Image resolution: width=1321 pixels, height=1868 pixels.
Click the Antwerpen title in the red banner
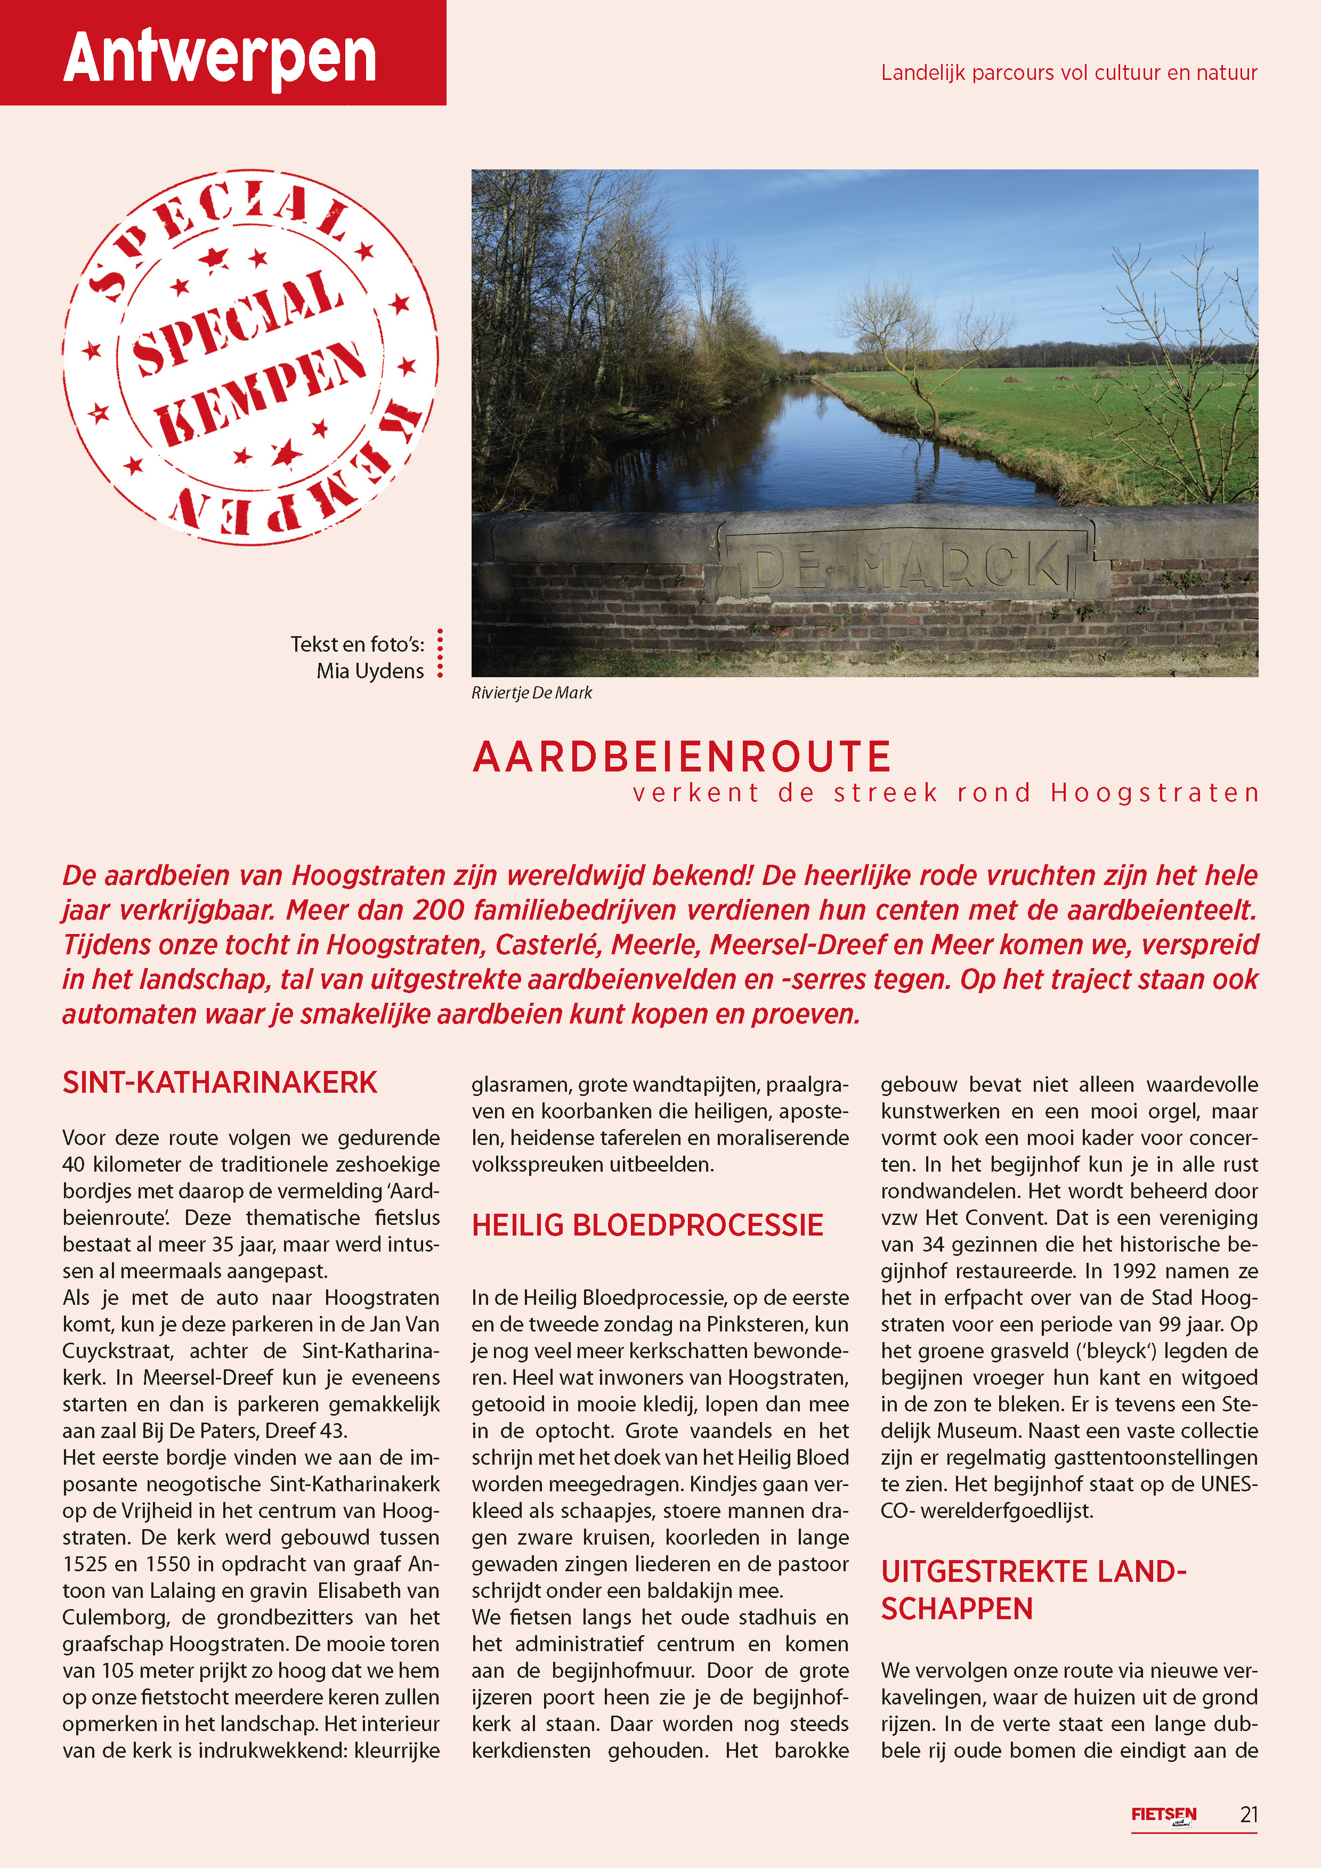[x=220, y=57]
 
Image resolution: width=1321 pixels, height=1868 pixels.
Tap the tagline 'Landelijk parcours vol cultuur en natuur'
[x=1069, y=72]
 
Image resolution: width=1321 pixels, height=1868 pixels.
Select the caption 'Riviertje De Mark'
[x=531, y=692]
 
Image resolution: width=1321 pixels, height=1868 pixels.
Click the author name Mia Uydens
[x=370, y=671]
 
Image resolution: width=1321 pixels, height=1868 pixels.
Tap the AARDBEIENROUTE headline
[x=682, y=757]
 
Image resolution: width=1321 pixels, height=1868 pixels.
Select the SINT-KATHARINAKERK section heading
[x=220, y=1083]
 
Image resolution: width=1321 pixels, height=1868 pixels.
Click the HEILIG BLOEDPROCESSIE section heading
[x=647, y=1225]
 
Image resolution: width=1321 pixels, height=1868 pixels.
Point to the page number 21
[x=1249, y=1814]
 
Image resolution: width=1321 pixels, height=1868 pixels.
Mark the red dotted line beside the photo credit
[x=440, y=653]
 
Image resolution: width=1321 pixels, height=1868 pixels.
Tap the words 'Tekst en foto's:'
[x=358, y=644]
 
